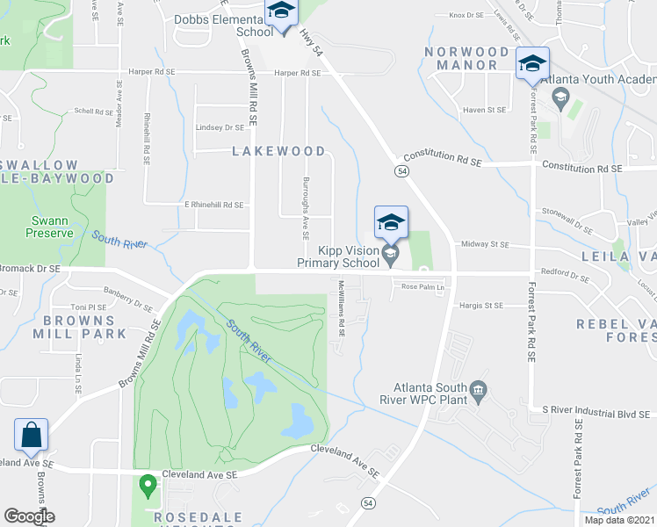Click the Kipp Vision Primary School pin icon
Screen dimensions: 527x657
point(391,255)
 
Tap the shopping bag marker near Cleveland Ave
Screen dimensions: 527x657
point(31,435)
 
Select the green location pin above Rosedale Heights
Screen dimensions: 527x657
point(148,484)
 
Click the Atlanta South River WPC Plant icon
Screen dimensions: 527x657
point(479,390)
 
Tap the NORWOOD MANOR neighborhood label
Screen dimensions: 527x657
point(467,58)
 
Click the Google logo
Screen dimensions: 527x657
point(29,516)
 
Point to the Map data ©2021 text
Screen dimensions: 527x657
point(619,520)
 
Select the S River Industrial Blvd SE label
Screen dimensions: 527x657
point(594,410)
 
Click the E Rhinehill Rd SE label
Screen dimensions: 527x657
point(213,205)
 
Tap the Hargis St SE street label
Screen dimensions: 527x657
point(480,306)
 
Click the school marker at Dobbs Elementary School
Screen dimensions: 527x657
point(282,14)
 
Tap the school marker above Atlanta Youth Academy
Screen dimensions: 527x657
point(532,64)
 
